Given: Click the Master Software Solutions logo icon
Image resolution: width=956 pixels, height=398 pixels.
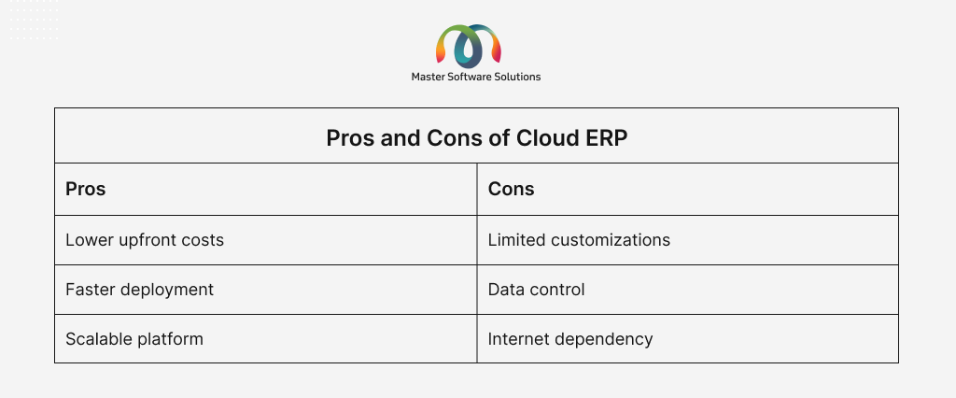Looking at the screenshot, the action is [469, 46].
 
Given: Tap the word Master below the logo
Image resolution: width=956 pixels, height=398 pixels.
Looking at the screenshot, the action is [429, 77].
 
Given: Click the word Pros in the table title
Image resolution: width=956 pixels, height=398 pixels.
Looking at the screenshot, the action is [350, 138].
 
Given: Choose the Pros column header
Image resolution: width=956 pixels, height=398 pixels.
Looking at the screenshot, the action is [85, 190].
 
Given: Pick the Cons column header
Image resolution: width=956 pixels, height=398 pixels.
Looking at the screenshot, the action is [511, 190].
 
